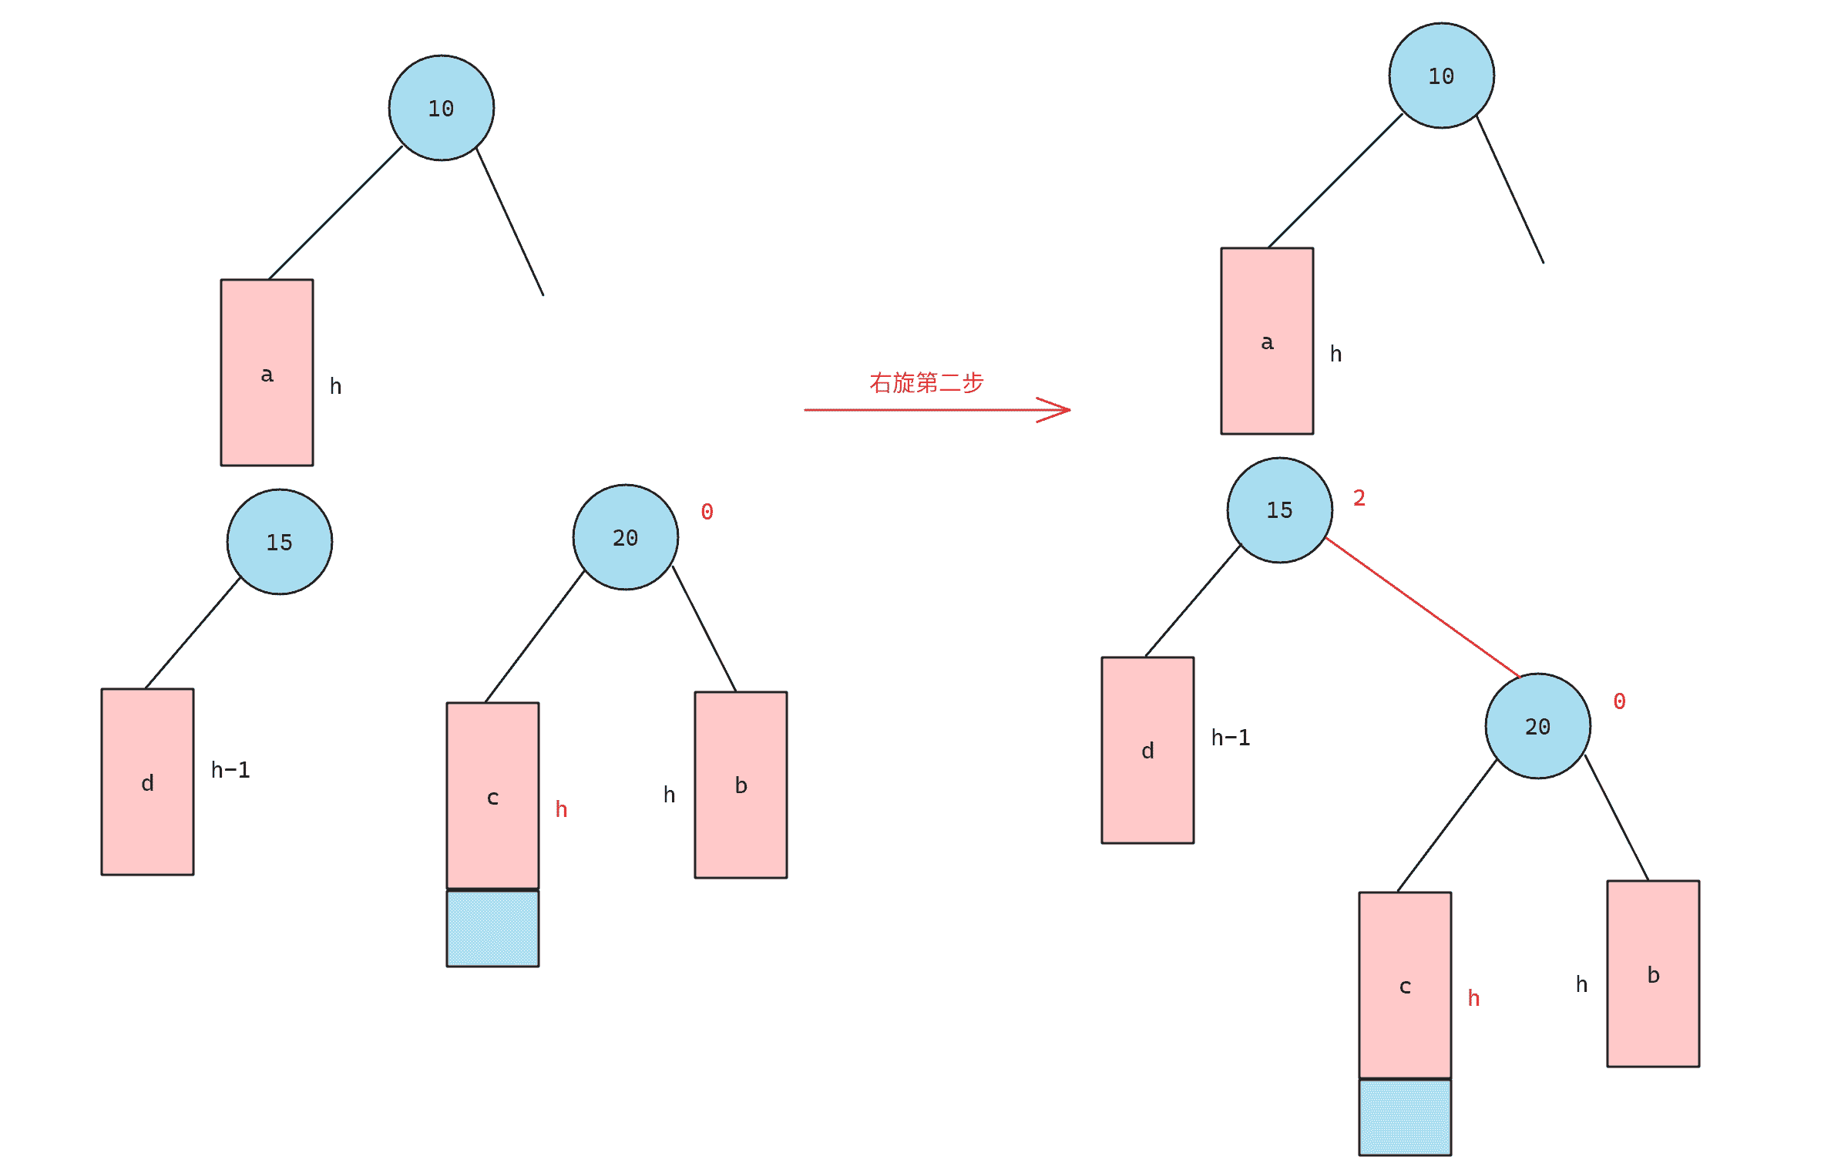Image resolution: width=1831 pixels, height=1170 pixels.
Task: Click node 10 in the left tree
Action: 441,108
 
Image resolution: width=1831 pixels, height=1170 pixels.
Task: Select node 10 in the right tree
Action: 1441,76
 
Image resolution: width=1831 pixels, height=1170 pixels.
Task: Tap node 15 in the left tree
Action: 279,542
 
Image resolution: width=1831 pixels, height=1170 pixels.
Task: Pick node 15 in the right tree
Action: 1279,510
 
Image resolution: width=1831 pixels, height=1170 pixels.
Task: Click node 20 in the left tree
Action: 625,537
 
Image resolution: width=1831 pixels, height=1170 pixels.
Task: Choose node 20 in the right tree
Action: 1537,726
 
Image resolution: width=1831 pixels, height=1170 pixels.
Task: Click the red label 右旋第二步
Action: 926,382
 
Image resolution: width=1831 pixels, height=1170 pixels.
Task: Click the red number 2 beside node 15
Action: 1359,498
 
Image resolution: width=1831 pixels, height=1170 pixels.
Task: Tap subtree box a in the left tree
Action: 267,372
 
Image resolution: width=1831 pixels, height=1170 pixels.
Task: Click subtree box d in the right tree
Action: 1147,750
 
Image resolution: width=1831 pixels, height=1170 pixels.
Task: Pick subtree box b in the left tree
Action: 741,785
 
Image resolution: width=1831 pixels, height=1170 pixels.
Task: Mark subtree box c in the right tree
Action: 1405,985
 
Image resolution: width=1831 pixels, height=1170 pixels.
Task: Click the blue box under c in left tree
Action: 492,928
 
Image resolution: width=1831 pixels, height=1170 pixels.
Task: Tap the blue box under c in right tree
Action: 1405,1118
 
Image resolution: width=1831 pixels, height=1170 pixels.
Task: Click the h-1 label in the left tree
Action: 230,770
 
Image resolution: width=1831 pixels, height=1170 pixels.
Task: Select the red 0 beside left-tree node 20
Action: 707,512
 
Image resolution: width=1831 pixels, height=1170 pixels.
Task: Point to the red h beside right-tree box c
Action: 1473,998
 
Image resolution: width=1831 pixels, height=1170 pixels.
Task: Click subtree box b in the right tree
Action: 1653,973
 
